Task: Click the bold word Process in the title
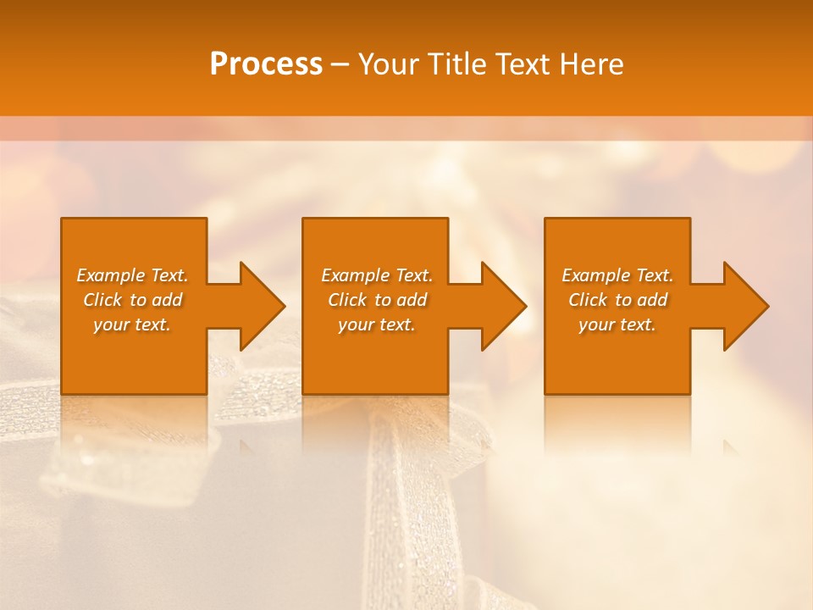pyautogui.click(x=266, y=64)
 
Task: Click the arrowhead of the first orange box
pyautogui.click(x=262, y=306)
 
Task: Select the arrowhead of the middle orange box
pyautogui.click(x=503, y=306)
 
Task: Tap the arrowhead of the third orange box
pyautogui.click(x=745, y=306)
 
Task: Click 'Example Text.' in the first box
pyautogui.click(x=132, y=275)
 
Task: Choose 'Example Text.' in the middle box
pyautogui.click(x=377, y=275)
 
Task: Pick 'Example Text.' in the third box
pyautogui.click(x=617, y=275)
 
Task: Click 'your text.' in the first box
pyautogui.click(x=132, y=324)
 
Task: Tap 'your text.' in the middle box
pyautogui.click(x=377, y=324)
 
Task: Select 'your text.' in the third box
pyautogui.click(x=617, y=324)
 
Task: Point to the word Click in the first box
pyautogui.click(x=102, y=300)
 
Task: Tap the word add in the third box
pyautogui.click(x=652, y=300)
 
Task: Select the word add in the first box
pyautogui.click(x=167, y=300)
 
